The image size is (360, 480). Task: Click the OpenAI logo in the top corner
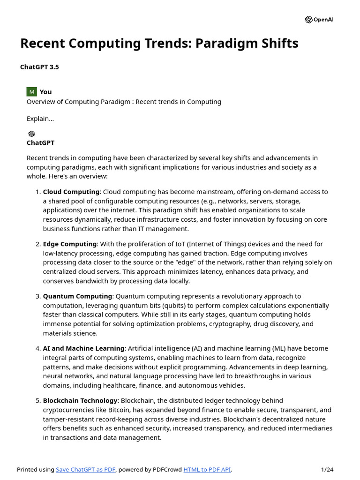click(x=319, y=20)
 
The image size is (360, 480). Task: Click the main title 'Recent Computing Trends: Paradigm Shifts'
click(x=159, y=44)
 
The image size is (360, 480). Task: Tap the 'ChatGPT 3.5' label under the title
click(x=39, y=67)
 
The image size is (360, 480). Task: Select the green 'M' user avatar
click(x=31, y=92)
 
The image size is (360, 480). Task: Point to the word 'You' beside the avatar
click(x=46, y=92)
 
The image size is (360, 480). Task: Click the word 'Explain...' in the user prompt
click(x=40, y=119)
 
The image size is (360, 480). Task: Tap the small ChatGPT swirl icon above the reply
click(x=31, y=134)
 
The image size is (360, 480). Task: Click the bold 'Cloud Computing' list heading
click(x=71, y=192)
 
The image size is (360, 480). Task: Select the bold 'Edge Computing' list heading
click(x=70, y=244)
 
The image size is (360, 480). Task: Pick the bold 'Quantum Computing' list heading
click(x=77, y=296)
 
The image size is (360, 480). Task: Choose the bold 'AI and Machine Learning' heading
click(x=83, y=348)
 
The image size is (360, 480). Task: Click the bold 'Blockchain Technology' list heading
click(x=80, y=401)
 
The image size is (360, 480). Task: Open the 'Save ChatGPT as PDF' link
click(x=86, y=470)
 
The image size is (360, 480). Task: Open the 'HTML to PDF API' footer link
click(x=207, y=470)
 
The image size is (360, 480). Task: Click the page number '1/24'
click(x=327, y=470)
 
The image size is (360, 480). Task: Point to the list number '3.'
click(x=38, y=296)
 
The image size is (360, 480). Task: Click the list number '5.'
click(x=38, y=401)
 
